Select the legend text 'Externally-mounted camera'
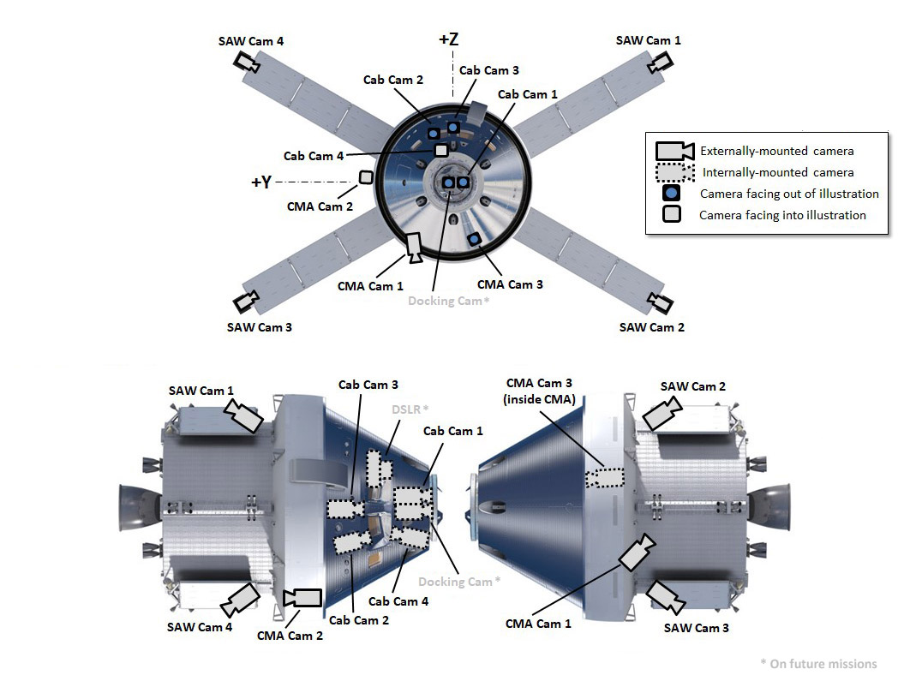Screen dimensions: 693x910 [x=777, y=151]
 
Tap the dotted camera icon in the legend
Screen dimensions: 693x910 [x=674, y=172]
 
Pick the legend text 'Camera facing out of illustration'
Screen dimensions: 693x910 [x=789, y=194]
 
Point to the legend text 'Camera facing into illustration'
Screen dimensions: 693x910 [x=782, y=215]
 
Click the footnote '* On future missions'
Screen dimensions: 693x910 [x=818, y=663]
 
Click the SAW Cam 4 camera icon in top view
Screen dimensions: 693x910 [x=248, y=63]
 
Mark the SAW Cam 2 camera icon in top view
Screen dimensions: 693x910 [x=660, y=302]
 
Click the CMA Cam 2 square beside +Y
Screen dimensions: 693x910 [x=366, y=177]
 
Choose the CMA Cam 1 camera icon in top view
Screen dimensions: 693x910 [x=414, y=248]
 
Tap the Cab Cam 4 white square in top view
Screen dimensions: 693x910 [x=441, y=151]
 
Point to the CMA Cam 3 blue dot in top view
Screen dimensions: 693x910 [x=473, y=239]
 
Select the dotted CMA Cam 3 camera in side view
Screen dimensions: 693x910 [x=605, y=476]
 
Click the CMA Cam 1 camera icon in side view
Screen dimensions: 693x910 [x=636, y=553]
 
